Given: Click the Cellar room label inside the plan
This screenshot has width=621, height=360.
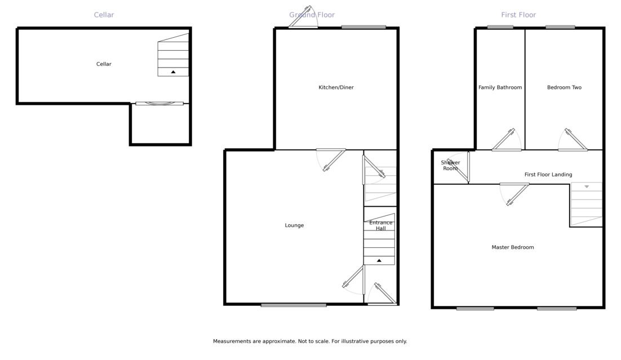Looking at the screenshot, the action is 104,64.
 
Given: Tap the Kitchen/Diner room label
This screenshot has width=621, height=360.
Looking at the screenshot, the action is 336,87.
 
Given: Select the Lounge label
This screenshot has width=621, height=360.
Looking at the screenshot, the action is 294,225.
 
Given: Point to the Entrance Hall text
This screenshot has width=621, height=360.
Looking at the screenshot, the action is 380,225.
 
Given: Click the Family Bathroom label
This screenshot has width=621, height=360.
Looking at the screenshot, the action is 500,87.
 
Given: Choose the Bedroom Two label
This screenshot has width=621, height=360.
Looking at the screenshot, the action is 564,87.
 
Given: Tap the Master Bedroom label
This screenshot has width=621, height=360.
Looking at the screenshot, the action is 512,247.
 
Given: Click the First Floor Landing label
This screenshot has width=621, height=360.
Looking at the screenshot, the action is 548,175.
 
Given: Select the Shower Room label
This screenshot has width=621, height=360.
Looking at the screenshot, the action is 450,166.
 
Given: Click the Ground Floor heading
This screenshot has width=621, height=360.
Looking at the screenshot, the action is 312,15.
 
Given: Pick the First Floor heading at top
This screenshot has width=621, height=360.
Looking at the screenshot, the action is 518,15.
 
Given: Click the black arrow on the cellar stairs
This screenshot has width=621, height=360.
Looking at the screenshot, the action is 173,72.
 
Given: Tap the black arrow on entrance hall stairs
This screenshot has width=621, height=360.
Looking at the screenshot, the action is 379,261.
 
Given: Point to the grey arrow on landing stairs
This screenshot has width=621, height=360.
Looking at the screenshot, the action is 587,186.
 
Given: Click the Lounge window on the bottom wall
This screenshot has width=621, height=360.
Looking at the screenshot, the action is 294,305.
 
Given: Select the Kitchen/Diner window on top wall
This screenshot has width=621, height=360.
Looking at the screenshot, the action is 363,28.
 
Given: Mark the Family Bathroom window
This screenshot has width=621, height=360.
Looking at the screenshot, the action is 500,28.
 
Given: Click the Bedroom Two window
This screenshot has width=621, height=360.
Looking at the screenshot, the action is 560,28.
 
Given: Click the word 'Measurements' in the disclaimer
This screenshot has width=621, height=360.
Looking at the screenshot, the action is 232,341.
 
